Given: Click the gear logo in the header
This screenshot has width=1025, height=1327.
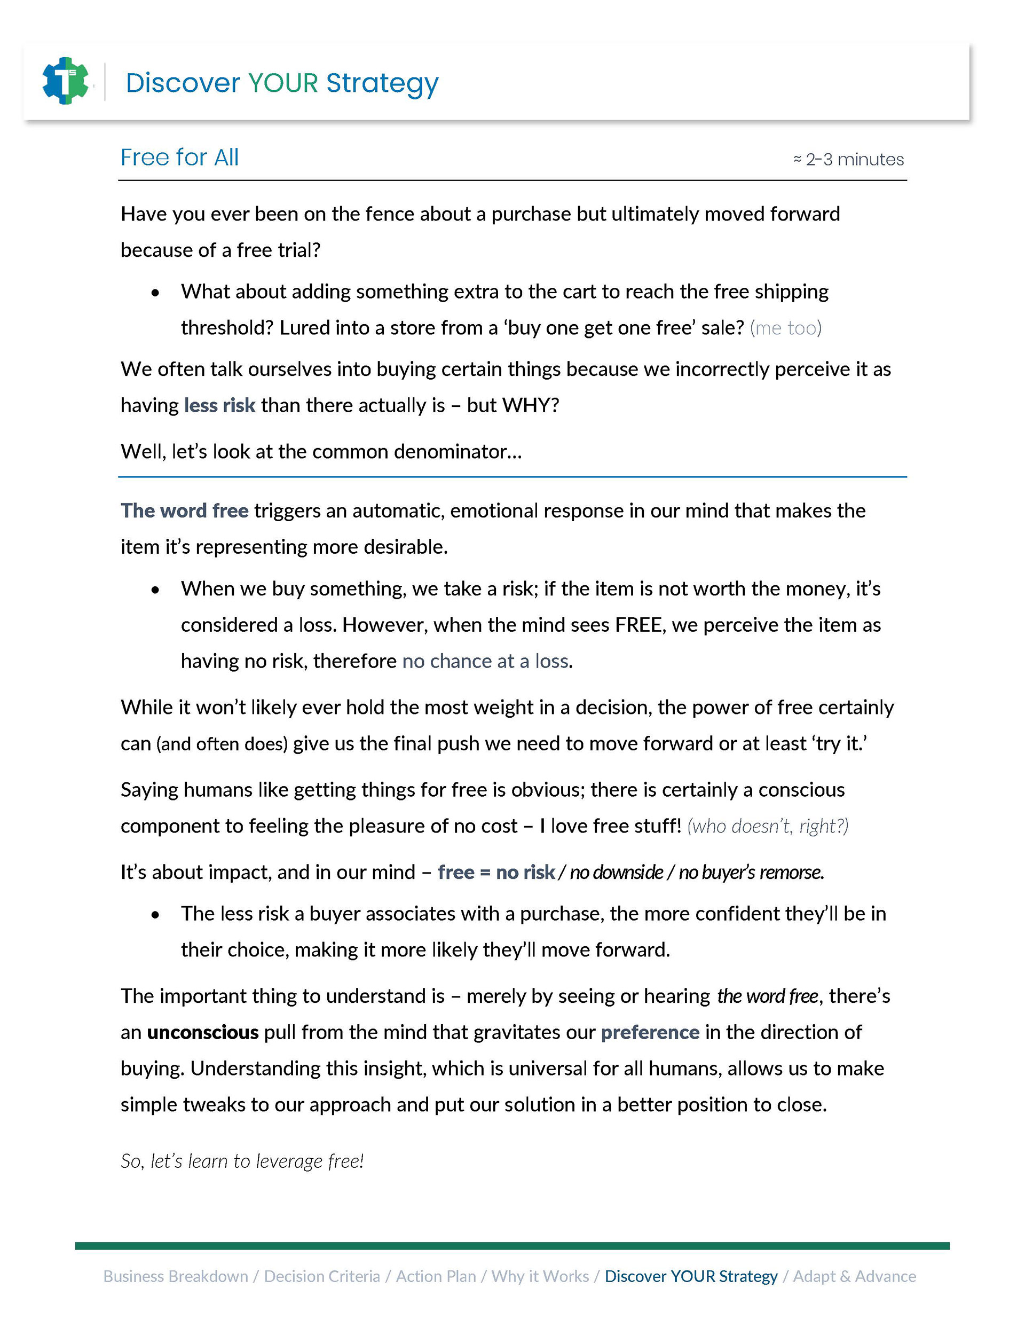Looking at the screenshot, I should [x=66, y=81].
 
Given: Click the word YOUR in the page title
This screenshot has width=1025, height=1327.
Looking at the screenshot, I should [x=282, y=83].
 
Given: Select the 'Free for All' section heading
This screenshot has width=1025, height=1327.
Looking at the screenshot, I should [x=179, y=158].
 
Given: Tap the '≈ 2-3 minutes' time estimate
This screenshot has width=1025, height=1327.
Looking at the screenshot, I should [x=848, y=159].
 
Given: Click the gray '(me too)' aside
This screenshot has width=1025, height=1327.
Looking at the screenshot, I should [x=786, y=328].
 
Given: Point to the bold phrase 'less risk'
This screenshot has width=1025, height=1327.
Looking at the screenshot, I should [x=219, y=405].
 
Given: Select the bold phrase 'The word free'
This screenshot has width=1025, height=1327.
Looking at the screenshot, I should [x=184, y=511].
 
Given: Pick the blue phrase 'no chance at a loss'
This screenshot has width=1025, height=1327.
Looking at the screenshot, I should [x=485, y=661].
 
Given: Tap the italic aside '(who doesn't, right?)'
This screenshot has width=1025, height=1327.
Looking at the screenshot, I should [x=767, y=826].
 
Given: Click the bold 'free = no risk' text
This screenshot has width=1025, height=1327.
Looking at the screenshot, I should [x=496, y=873].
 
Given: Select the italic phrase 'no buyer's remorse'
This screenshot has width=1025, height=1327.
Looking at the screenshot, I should [x=751, y=873].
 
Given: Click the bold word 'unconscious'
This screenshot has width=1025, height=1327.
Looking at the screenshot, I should [x=203, y=1032].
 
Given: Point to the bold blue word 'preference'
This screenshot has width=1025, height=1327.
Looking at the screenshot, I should [x=650, y=1032].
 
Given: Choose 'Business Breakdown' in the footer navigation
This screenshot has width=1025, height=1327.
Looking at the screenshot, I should [x=176, y=1277].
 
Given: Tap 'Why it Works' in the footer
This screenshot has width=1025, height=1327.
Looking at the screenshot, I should [x=540, y=1277].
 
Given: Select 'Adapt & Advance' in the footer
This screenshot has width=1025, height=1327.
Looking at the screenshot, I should [x=854, y=1277].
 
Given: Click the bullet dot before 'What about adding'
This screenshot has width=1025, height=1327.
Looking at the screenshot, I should [x=155, y=293].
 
